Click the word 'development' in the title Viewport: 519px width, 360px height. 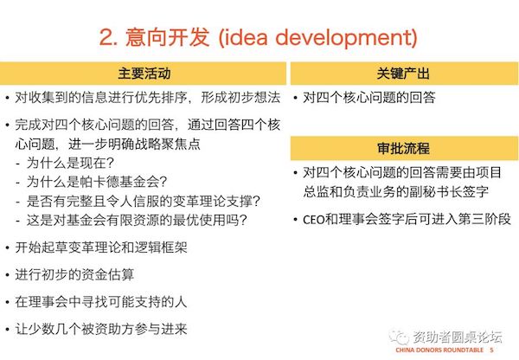pos(344,37)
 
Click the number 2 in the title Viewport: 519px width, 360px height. pos(106,36)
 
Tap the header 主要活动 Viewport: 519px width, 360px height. pos(144,74)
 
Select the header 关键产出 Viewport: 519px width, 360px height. pos(403,74)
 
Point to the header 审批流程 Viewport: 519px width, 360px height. pos(403,148)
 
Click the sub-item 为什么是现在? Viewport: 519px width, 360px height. pos(70,163)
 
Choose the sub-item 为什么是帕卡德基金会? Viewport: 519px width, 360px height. pos(97,182)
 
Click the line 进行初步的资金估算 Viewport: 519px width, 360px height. pos(74,274)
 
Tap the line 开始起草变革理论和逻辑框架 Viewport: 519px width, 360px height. pos(101,247)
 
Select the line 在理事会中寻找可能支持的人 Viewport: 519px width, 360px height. pos(101,301)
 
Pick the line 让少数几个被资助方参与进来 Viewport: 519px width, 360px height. pos(101,329)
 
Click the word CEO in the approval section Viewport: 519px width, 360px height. pos(314,220)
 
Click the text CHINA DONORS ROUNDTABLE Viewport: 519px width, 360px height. pos(439,350)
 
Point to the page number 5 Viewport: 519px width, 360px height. pos(491,350)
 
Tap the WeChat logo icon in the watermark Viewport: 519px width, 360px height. pos(399,337)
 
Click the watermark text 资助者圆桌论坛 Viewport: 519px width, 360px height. pos(458,337)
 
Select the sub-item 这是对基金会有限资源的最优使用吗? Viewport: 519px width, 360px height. pos(137,220)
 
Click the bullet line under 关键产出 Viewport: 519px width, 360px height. pos(369,98)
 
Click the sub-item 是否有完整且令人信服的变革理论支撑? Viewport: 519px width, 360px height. pos(144,201)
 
